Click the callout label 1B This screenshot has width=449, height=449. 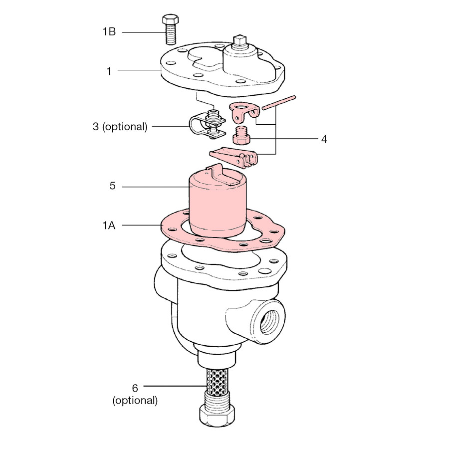(109, 31)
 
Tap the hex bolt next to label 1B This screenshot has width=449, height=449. (171, 29)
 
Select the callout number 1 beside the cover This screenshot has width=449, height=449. (109, 71)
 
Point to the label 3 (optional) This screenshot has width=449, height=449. (120, 127)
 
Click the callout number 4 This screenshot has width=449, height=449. (324, 139)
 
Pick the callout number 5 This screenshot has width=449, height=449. (113, 186)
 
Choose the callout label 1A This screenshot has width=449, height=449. (109, 225)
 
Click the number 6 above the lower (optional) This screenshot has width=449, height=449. (135, 388)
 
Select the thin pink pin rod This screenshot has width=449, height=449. (278, 103)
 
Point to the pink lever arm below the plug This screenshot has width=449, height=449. (233, 157)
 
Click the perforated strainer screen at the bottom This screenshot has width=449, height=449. (217, 382)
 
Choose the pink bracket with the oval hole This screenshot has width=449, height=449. (245, 111)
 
